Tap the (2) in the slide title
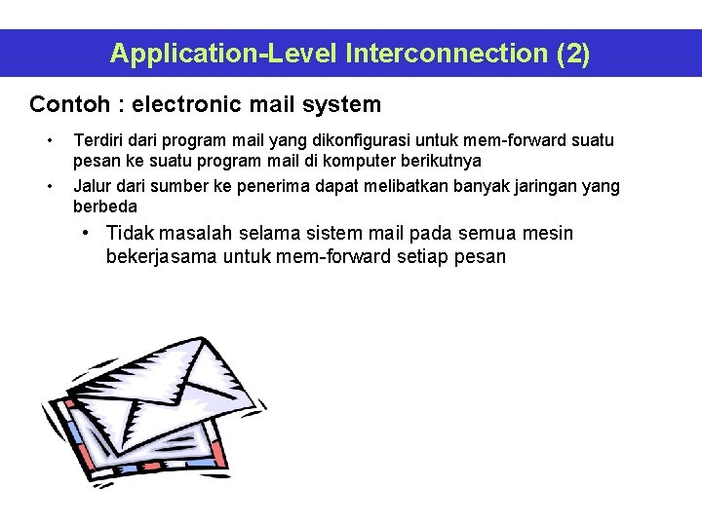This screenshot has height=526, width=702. [x=572, y=53]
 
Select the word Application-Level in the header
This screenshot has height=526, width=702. [x=223, y=53]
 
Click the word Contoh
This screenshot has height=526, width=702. [x=63, y=104]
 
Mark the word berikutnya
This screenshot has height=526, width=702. [x=437, y=160]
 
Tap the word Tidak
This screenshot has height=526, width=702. [x=128, y=233]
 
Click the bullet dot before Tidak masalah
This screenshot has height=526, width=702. [x=88, y=233]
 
